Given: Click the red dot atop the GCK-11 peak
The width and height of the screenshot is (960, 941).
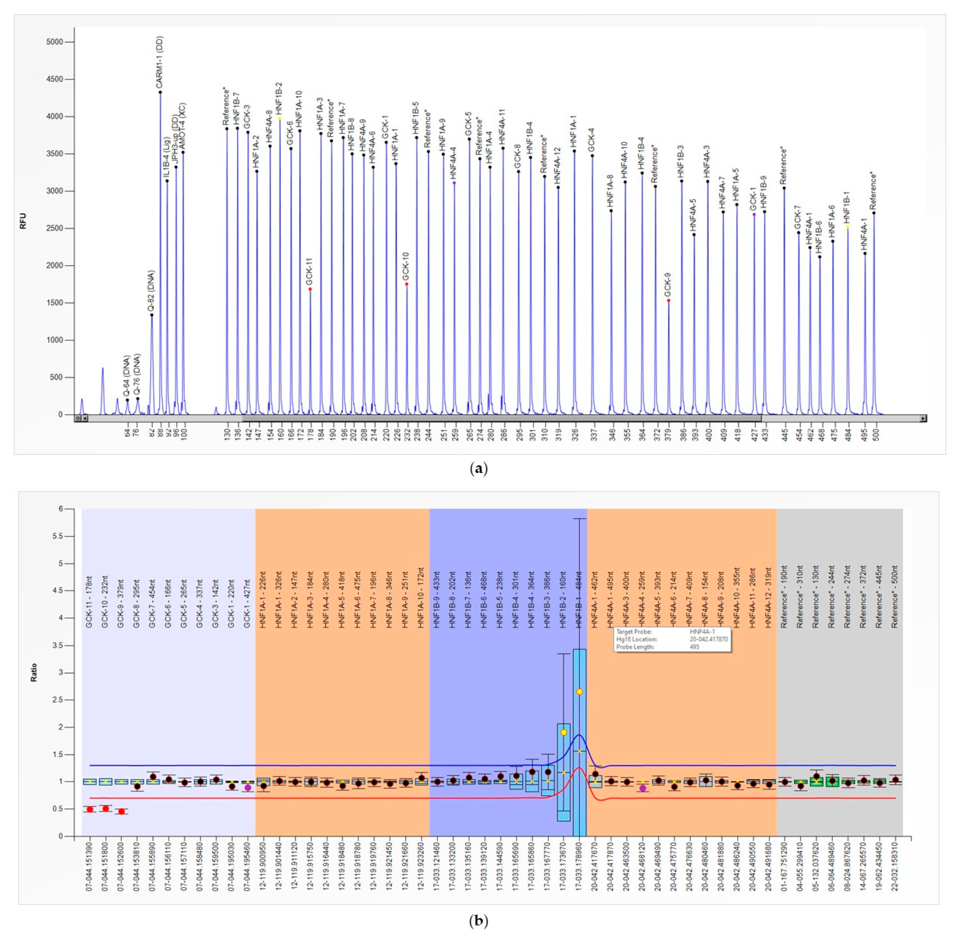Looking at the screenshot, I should click(x=310, y=289).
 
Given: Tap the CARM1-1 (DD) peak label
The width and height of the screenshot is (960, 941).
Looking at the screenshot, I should click(x=160, y=62).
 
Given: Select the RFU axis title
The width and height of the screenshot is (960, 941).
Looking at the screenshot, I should click(x=23, y=221).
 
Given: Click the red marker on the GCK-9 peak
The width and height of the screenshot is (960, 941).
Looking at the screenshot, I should click(x=668, y=300).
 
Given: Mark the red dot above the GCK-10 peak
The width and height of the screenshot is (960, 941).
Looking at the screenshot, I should click(x=406, y=284).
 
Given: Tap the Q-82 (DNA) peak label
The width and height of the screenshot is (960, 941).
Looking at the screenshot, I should click(x=151, y=291).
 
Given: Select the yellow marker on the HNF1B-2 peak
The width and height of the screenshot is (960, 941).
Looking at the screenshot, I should click(x=280, y=118).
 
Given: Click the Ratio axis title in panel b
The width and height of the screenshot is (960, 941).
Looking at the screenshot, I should click(x=34, y=673).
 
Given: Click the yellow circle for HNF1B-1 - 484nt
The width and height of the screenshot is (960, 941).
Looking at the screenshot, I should click(x=579, y=692).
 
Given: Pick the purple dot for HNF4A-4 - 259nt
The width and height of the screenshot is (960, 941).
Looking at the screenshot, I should click(x=643, y=788).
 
